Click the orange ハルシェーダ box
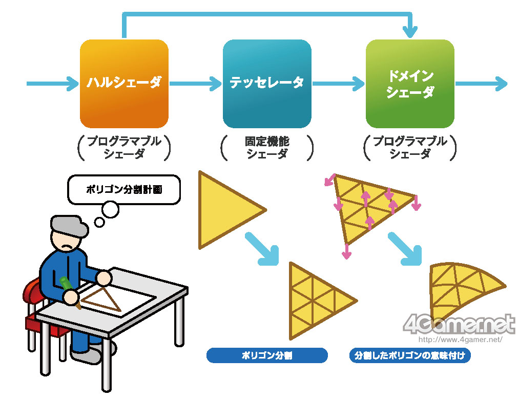pos(124,83)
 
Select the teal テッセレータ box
pos(267,83)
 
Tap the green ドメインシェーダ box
pos(410,83)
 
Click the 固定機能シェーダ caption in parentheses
pos(267,147)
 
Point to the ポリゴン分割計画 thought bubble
pos(124,190)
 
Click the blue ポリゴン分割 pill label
pos(266,355)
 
